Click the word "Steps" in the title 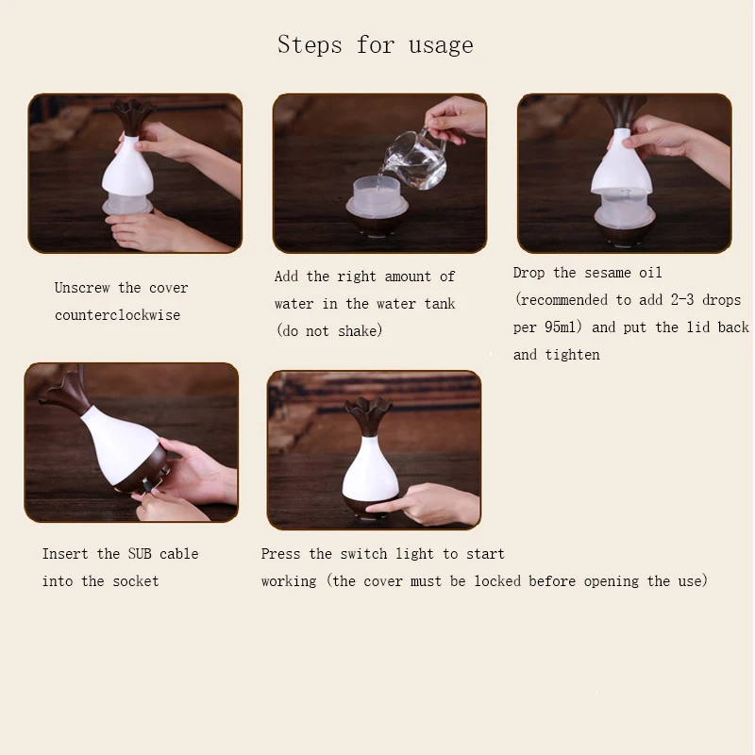310,44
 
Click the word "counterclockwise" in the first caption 117,315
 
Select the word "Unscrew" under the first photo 82,288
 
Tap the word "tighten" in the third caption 573,355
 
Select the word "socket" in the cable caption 136,581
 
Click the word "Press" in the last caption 280,554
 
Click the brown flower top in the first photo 134,116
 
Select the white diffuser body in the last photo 370,469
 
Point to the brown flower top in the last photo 369,416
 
